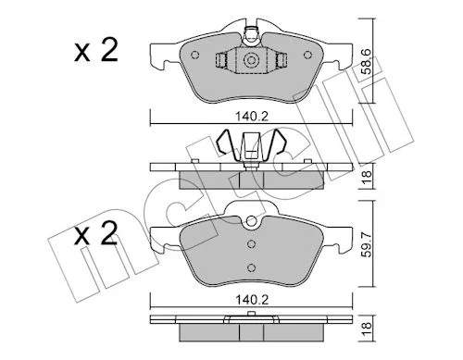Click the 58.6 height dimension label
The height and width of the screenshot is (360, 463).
pos(366,61)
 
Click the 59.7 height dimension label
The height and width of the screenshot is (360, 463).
pos(366,245)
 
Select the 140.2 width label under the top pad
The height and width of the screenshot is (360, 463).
pos(252,117)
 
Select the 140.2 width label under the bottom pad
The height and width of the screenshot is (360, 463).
pos(252,300)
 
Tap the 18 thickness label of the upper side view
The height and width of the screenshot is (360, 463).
pos(367,177)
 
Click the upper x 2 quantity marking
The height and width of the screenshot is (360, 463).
pos(96,50)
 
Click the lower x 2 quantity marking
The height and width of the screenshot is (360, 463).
pos(96,233)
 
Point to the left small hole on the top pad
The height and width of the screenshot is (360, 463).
pos(195,55)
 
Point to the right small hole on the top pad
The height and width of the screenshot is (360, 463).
pos(307,55)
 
